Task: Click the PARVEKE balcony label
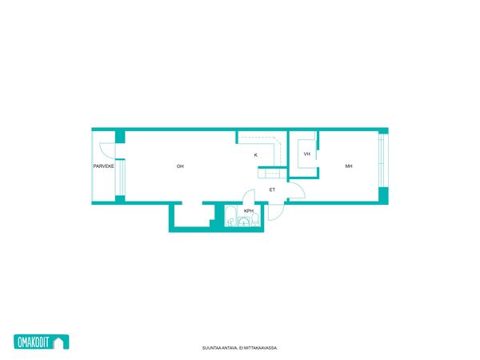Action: coord(103,166)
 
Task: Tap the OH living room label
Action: coord(180,166)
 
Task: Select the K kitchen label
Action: coord(256,155)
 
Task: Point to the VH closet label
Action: coord(306,154)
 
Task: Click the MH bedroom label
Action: coord(349,166)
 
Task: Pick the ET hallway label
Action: coord(272,190)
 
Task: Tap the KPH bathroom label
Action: coord(249,211)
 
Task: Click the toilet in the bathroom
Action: coord(255,220)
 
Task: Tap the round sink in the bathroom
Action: coord(244,222)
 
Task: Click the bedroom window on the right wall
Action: coord(381,161)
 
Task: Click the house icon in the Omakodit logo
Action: coord(58,342)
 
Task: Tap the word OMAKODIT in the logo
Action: coord(34,342)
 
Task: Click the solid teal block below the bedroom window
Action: coord(383,195)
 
